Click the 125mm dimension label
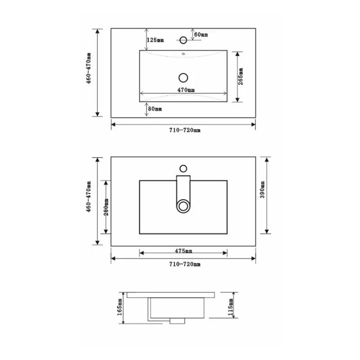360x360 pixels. pos(155,40)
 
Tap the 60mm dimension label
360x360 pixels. pos(201,35)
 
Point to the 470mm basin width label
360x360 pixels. pos(186,90)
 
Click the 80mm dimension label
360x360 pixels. pos(155,109)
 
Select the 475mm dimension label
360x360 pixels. pos(184,251)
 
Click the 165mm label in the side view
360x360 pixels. pos(120,307)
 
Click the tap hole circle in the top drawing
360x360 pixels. pos(183,40)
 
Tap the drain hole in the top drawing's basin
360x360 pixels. pos(183,77)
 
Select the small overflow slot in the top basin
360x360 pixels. pos(183,56)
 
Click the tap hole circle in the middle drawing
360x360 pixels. pos(183,169)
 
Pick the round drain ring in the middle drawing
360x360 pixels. pos(183,207)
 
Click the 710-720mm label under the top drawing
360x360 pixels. pos(184,130)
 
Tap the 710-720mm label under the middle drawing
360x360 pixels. pos(184,265)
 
